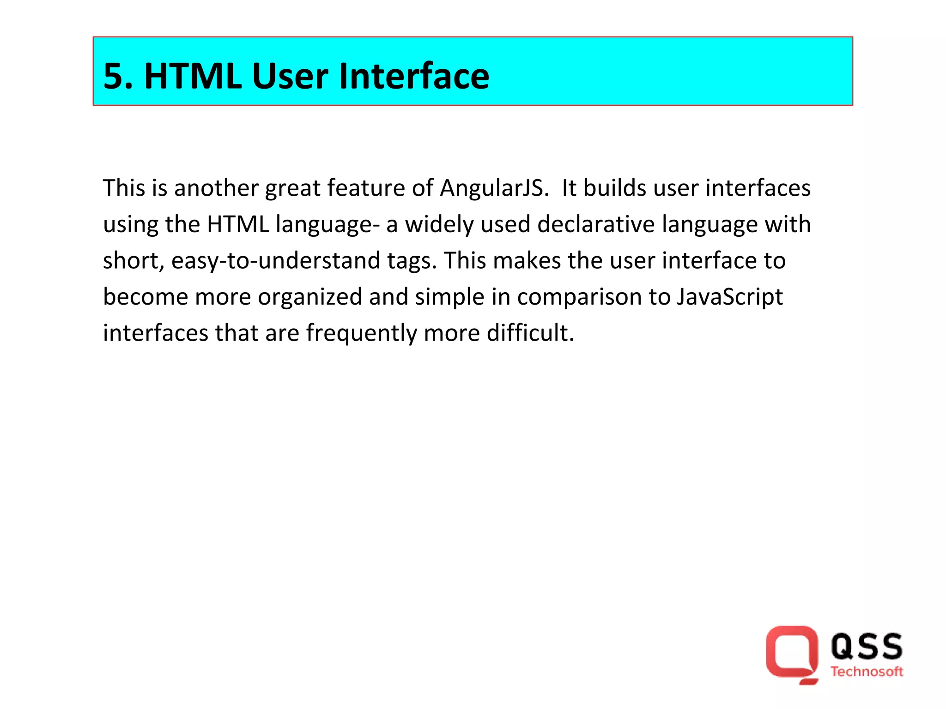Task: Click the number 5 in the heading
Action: point(114,76)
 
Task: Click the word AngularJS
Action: point(494,188)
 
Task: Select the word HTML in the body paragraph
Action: point(238,224)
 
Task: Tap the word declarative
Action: point(596,224)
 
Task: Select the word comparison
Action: point(579,297)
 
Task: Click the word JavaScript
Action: point(730,297)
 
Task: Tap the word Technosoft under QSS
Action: point(867,672)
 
